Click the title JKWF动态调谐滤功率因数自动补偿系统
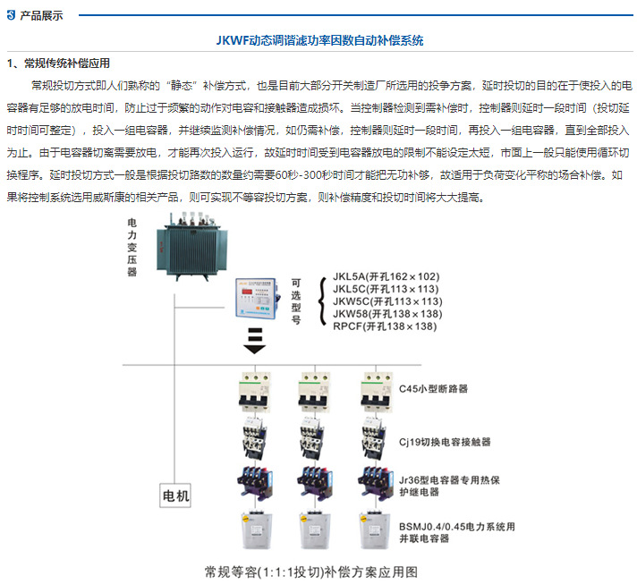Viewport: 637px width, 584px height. click(318, 40)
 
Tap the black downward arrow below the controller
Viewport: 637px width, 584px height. click(254, 340)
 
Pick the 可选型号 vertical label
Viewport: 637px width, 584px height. click(296, 300)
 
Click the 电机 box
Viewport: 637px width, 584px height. click(176, 494)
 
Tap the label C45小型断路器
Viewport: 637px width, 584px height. click(433, 389)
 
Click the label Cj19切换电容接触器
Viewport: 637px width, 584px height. click(444, 442)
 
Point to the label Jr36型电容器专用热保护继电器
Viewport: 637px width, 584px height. click(455, 487)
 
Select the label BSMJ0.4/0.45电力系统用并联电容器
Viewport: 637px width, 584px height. click(456, 533)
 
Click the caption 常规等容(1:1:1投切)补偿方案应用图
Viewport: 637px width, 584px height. click(311, 570)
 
